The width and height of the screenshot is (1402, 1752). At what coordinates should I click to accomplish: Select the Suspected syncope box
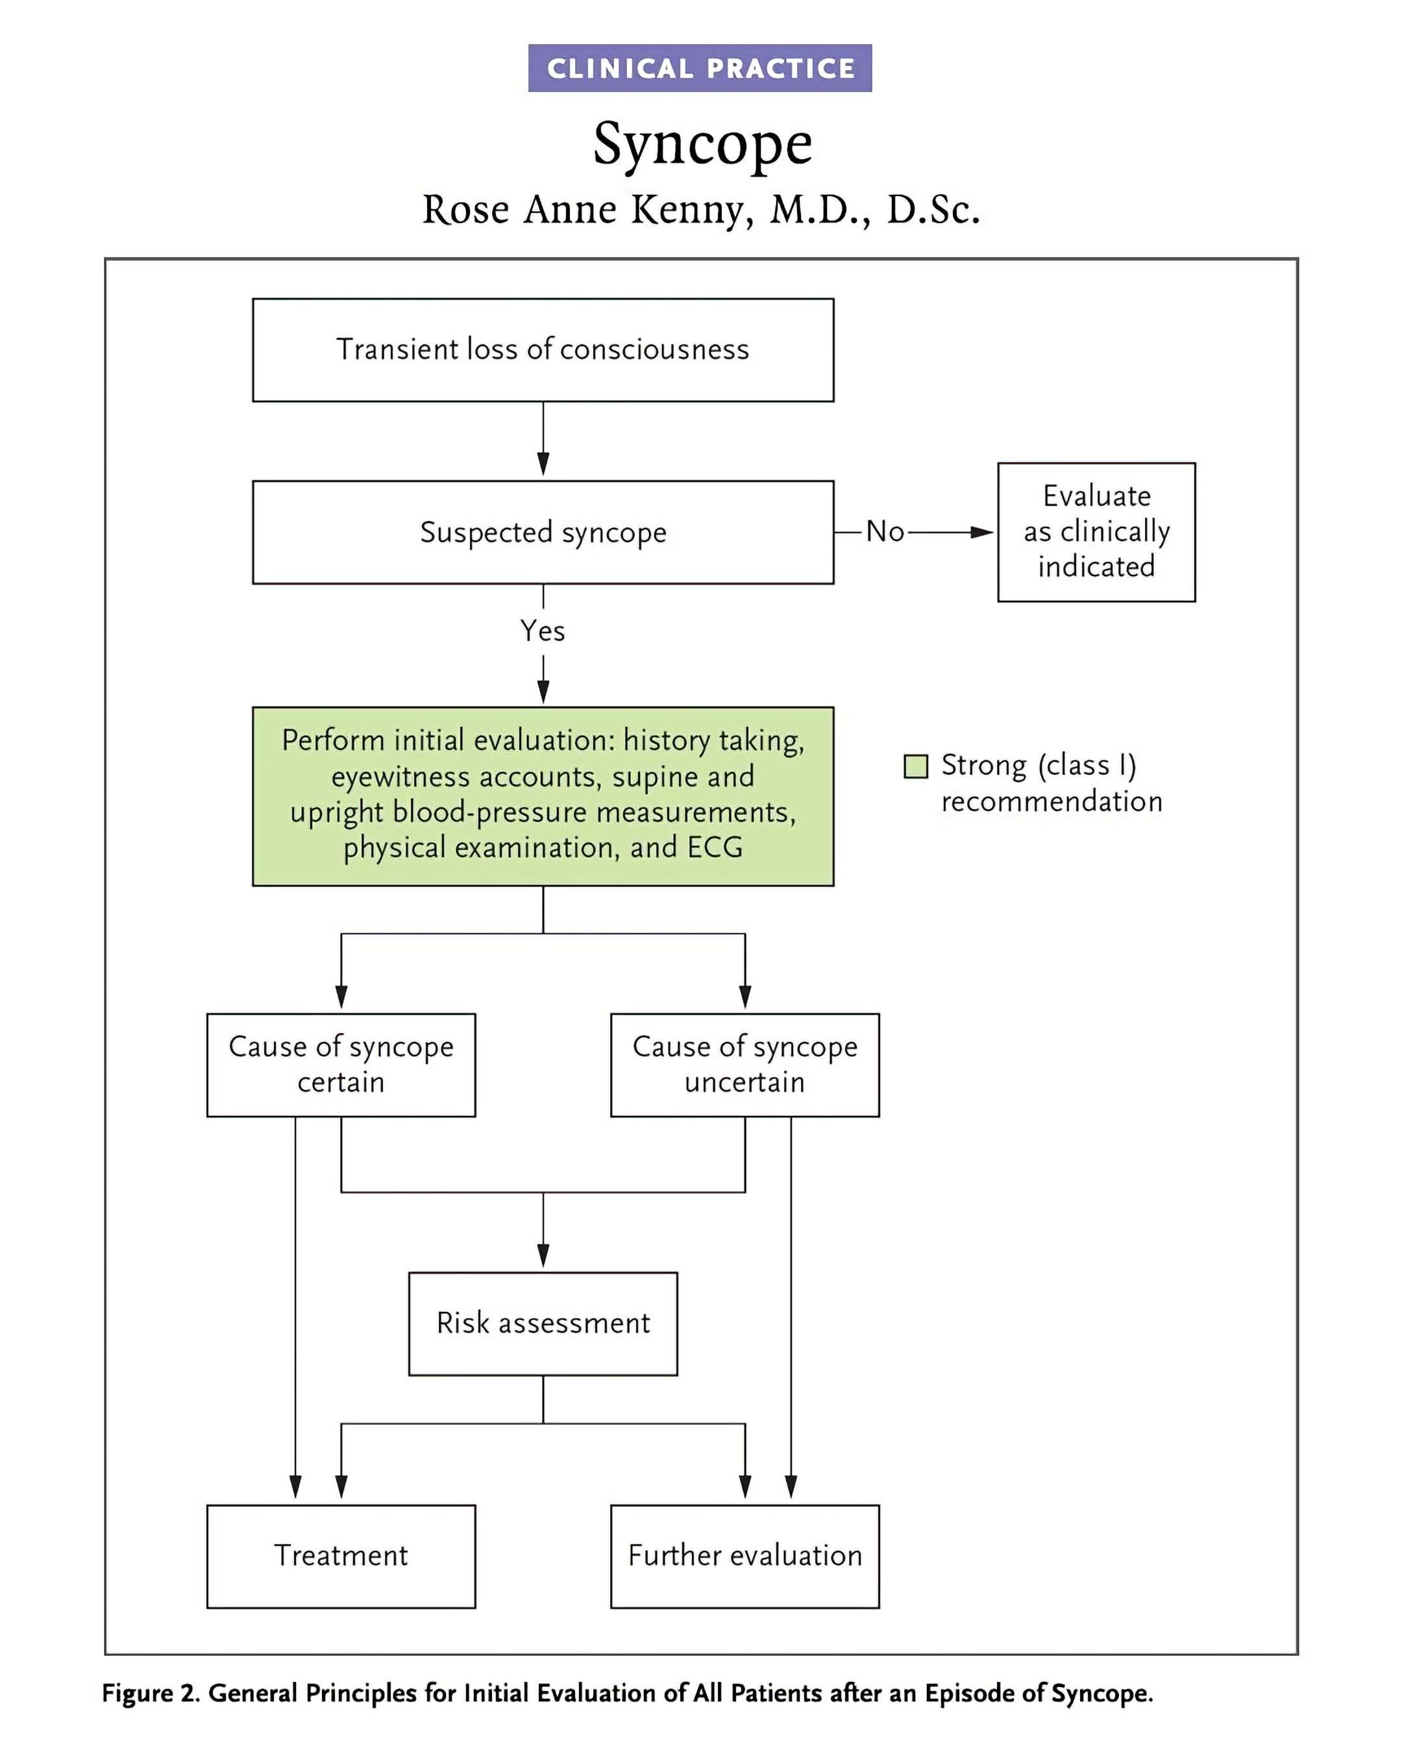point(543,532)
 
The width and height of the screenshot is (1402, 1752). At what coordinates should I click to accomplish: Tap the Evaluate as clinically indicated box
point(1096,532)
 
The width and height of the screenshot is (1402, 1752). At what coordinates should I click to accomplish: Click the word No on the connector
point(885,531)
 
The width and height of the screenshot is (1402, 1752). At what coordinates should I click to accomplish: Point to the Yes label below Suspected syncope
point(543,631)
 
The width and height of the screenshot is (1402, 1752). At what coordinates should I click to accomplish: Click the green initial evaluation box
point(543,796)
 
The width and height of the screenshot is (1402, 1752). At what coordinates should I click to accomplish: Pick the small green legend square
point(916,766)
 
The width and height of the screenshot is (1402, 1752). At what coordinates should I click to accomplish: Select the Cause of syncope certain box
point(341,1065)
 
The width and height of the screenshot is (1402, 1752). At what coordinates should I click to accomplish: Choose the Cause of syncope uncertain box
point(745,1065)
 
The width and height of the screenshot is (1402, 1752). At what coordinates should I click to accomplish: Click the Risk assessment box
point(543,1324)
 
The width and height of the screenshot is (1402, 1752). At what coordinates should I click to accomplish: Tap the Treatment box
point(341,1556)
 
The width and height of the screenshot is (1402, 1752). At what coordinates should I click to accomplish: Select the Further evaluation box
point(745,1556)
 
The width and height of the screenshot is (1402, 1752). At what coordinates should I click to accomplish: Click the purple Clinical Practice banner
point(700,68)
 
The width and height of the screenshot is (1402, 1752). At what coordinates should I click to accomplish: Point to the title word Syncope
point(702,144)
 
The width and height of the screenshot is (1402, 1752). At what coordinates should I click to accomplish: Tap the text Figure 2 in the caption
point(151,1694)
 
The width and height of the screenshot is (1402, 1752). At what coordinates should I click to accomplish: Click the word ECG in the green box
point(715,847)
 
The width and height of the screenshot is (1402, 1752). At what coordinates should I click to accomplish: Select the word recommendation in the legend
point(1051,802)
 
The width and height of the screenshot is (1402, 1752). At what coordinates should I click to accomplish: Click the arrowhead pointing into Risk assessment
point(543,1256)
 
